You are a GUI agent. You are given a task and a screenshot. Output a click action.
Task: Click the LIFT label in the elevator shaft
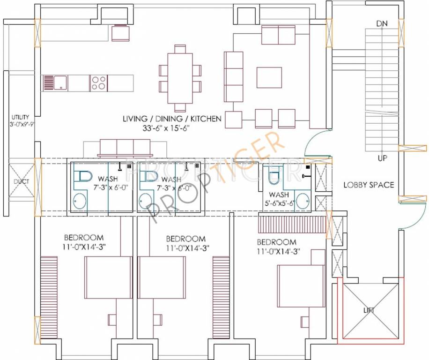(x=369, y=310)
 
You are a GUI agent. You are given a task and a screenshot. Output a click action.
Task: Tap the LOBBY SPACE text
(x=369, y=185)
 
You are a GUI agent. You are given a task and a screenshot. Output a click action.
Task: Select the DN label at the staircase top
(x=382, y=23)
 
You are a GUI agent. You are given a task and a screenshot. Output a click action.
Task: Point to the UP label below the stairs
(x=382, y=158)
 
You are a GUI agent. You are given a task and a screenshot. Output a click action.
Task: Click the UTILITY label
(x=20, y=117)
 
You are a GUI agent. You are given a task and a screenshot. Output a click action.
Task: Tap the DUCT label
(x=22, y=181)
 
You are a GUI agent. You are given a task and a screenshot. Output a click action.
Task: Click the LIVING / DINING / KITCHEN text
(x=172, y=119)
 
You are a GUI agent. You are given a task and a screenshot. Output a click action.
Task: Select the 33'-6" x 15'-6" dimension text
(x=166, y=128)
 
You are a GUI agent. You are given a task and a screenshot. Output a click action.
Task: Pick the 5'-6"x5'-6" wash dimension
(x=279, y=203)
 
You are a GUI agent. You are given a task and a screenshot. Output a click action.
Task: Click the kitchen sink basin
(x=60, y=82)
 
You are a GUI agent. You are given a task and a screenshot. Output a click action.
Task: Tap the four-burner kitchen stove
(x=98, y=83)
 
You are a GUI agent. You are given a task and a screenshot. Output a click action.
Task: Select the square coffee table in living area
(x=269, y=77)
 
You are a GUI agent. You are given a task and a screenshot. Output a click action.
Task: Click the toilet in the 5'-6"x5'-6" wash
(x=274, y=174)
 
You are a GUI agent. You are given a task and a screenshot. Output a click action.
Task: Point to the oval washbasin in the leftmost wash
(x=80, y=201)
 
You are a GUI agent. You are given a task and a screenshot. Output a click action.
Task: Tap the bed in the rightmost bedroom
(x=301, y=285)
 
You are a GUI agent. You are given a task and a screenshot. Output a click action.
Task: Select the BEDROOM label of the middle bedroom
(x=185, y=239)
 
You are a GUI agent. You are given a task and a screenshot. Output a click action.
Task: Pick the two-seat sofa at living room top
(x=278, y=35)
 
